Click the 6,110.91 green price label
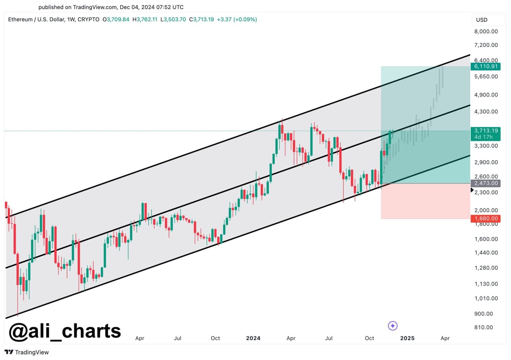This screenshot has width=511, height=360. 486,66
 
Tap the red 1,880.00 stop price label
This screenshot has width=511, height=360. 486,218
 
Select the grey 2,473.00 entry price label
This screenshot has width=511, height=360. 486,183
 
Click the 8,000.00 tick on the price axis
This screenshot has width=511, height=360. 486,32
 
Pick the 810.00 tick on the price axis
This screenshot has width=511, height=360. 483,327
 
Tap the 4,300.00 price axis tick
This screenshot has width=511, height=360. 486,112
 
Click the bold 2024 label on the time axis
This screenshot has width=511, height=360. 253,338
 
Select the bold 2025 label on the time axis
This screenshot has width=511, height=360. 407,338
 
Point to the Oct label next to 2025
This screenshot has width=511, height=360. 369,338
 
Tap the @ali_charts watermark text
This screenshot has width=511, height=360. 65,331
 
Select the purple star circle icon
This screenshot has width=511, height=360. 393,326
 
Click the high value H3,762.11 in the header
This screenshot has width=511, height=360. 145,20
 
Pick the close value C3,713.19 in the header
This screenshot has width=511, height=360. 201,20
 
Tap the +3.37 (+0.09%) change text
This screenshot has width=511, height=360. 237,20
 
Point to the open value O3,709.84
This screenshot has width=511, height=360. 116,20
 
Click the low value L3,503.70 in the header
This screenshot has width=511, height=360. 173,20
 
